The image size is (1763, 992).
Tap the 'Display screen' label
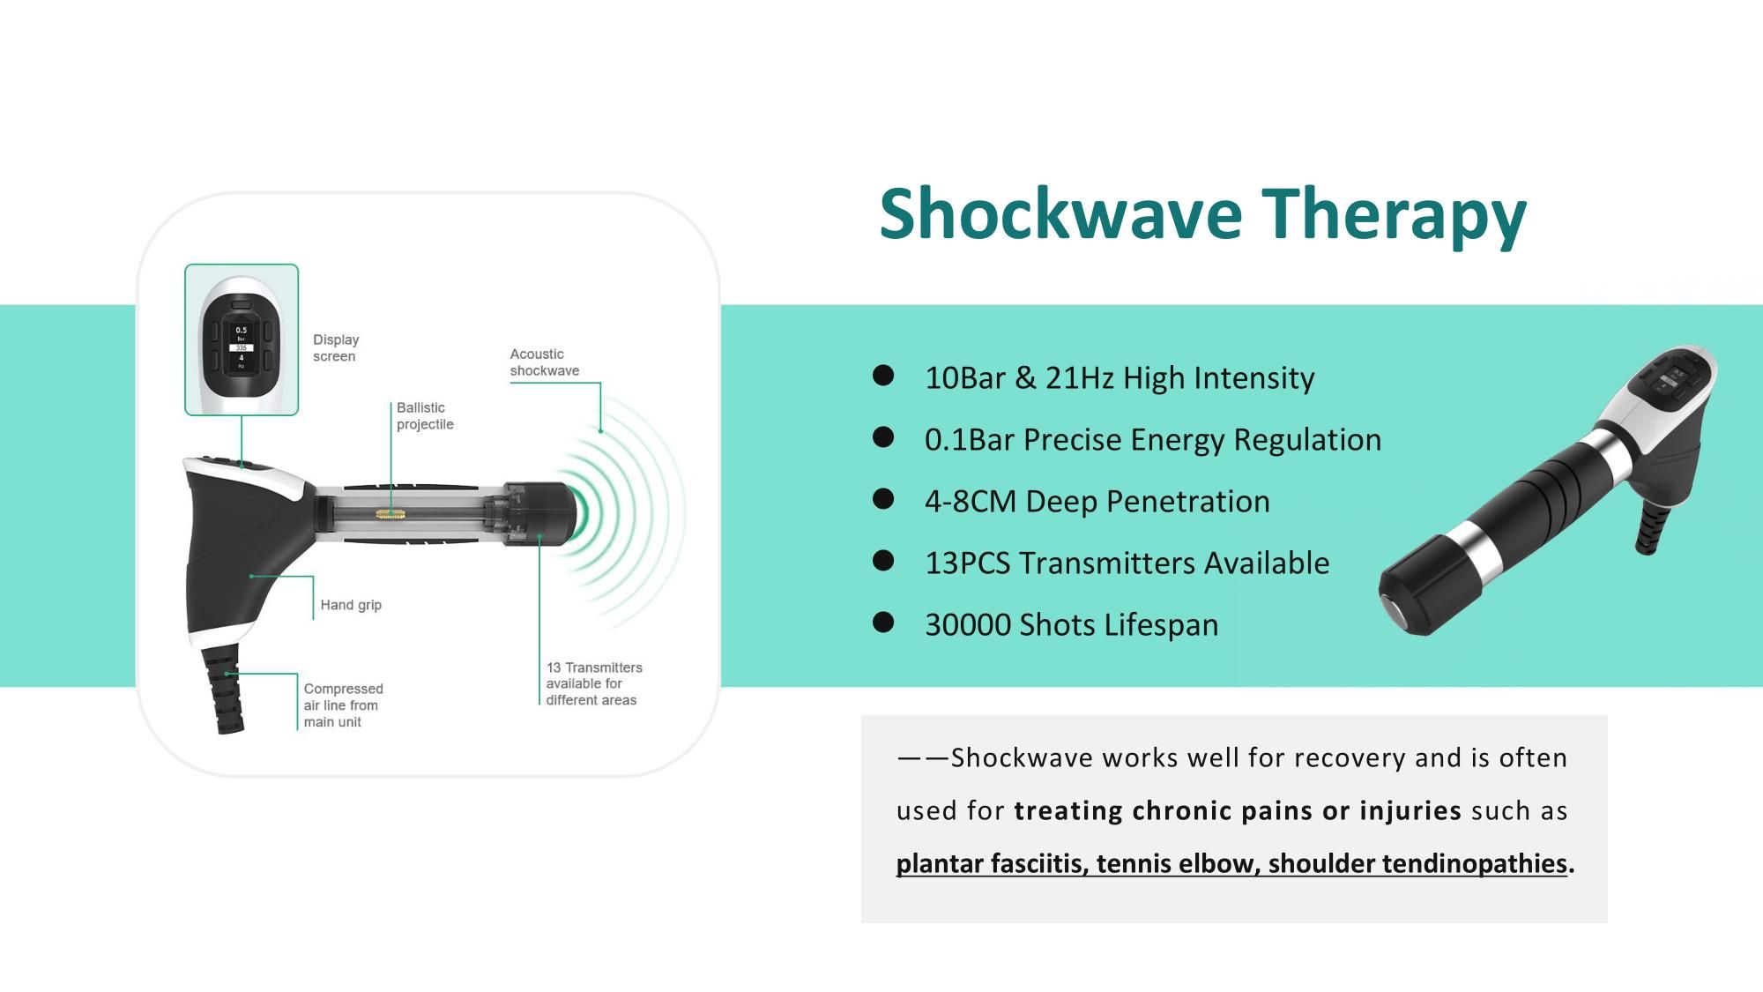click(x=336, y=347)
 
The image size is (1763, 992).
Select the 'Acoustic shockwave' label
click(x=544, y=362)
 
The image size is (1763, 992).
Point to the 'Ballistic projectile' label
click(x=424, y=415)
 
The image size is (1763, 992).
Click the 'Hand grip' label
click(x=350, y=605)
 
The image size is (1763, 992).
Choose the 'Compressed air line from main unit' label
click(x=343, y=705)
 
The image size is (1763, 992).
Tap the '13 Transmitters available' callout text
click(x=593, y=683)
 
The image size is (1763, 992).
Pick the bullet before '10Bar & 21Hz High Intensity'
click(x=882, y=377)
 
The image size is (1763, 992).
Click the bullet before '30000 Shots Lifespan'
click(x=882, y=623)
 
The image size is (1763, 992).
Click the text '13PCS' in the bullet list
click(x=967, y=563)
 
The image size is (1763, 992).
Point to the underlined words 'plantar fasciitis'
click(x=987, y=863)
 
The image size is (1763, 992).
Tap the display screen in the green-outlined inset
click(x=241, y=347)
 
